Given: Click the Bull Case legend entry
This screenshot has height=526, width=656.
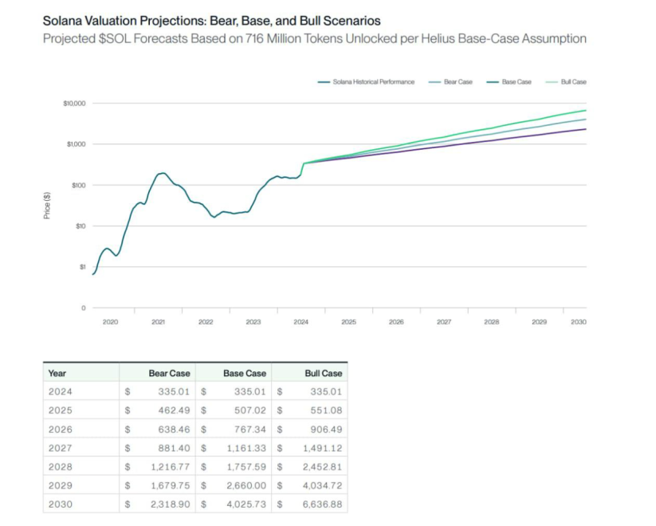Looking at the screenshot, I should click(x=575, y=82).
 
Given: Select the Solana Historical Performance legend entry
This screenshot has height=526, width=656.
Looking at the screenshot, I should click(x=373, y=82).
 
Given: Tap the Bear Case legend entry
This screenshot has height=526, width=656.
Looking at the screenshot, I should click(x=458, y=82).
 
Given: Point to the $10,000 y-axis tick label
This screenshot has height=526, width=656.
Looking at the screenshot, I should click(x=73, y=104).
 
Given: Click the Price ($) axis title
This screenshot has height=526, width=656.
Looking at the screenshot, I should click(x=47, y=206).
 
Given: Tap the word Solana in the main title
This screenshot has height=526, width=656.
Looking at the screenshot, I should click(x=63, y=20).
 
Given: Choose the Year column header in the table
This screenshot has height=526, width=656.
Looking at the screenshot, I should click(x=57, y=373).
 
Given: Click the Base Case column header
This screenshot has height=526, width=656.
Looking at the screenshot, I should click(x=245, y=373).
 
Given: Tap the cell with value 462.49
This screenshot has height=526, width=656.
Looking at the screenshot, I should click(x=171, y=410).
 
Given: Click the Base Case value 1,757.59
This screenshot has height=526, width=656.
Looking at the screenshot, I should click(x=243, y=467).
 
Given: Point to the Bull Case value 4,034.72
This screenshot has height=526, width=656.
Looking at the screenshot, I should click(x=320, y=486).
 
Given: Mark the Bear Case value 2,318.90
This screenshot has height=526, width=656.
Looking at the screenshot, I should click(x=167, y=505).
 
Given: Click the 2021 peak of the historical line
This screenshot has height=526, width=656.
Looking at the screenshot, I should click(x=163, y=173).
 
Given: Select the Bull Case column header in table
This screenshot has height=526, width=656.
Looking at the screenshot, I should click(x=324, y=373).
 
